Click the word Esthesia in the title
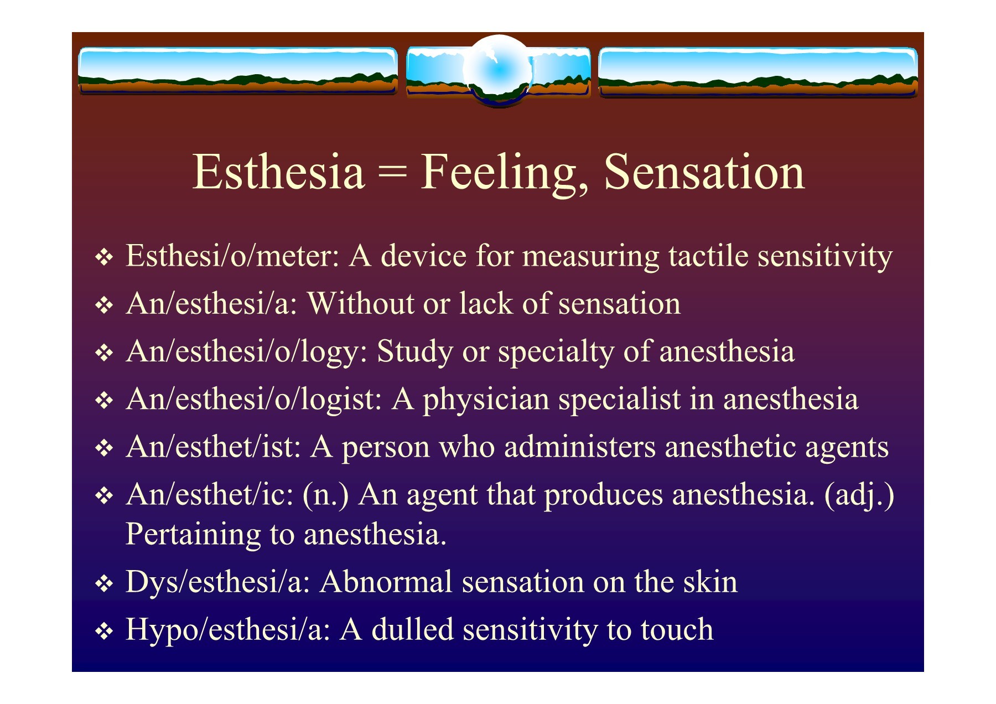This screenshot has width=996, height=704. [x=278, y=172]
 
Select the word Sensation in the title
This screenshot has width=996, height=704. [x=704, y=172]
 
